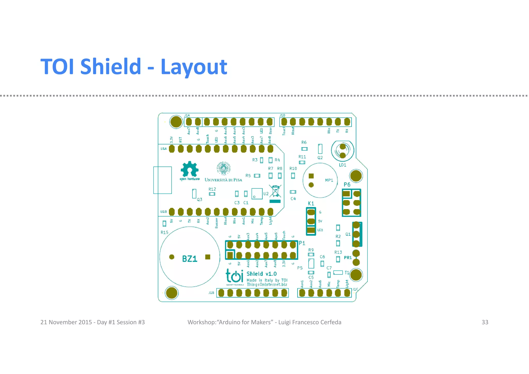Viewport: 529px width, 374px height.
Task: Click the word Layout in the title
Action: pos(194,67)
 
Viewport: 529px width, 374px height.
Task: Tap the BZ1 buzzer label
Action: pos(190,259)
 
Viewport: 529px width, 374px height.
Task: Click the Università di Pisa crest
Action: pos(223,169)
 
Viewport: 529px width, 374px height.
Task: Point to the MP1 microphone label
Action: pos(329,180)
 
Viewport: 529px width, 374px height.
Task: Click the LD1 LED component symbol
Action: pos(343,151)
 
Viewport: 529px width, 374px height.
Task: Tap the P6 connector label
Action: pos(347,185)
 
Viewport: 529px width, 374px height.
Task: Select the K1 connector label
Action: pos(311,203)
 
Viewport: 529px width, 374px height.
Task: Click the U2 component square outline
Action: pos(257,194)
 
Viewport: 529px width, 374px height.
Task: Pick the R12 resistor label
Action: pos(212,189)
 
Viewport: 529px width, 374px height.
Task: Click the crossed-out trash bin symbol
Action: pos(275,191)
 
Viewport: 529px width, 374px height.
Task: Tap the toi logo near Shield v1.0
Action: pos(235,276)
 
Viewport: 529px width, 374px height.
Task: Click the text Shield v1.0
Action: pos(261,274)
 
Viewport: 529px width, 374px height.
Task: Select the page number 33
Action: pos(485,322)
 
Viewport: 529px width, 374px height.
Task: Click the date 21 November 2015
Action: pos(66,322)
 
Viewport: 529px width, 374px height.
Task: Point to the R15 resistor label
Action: pos(164,232)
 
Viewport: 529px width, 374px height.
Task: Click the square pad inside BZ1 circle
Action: pos(208,257)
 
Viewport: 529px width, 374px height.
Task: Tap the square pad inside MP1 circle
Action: pos(311,176)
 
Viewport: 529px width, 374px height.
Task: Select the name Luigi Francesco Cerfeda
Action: pos(310,322)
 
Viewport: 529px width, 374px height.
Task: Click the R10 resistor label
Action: pos(293,169)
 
